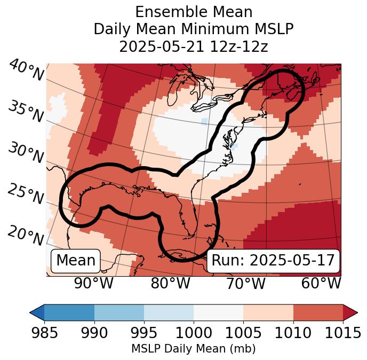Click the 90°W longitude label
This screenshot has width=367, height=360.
[94, 284]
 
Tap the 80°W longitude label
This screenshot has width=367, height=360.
[171, 284]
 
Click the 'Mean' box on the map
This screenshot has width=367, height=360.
[76, 261]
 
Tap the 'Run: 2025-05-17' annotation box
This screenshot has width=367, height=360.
[273, 261]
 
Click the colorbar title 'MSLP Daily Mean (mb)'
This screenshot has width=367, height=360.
[193, 349]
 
